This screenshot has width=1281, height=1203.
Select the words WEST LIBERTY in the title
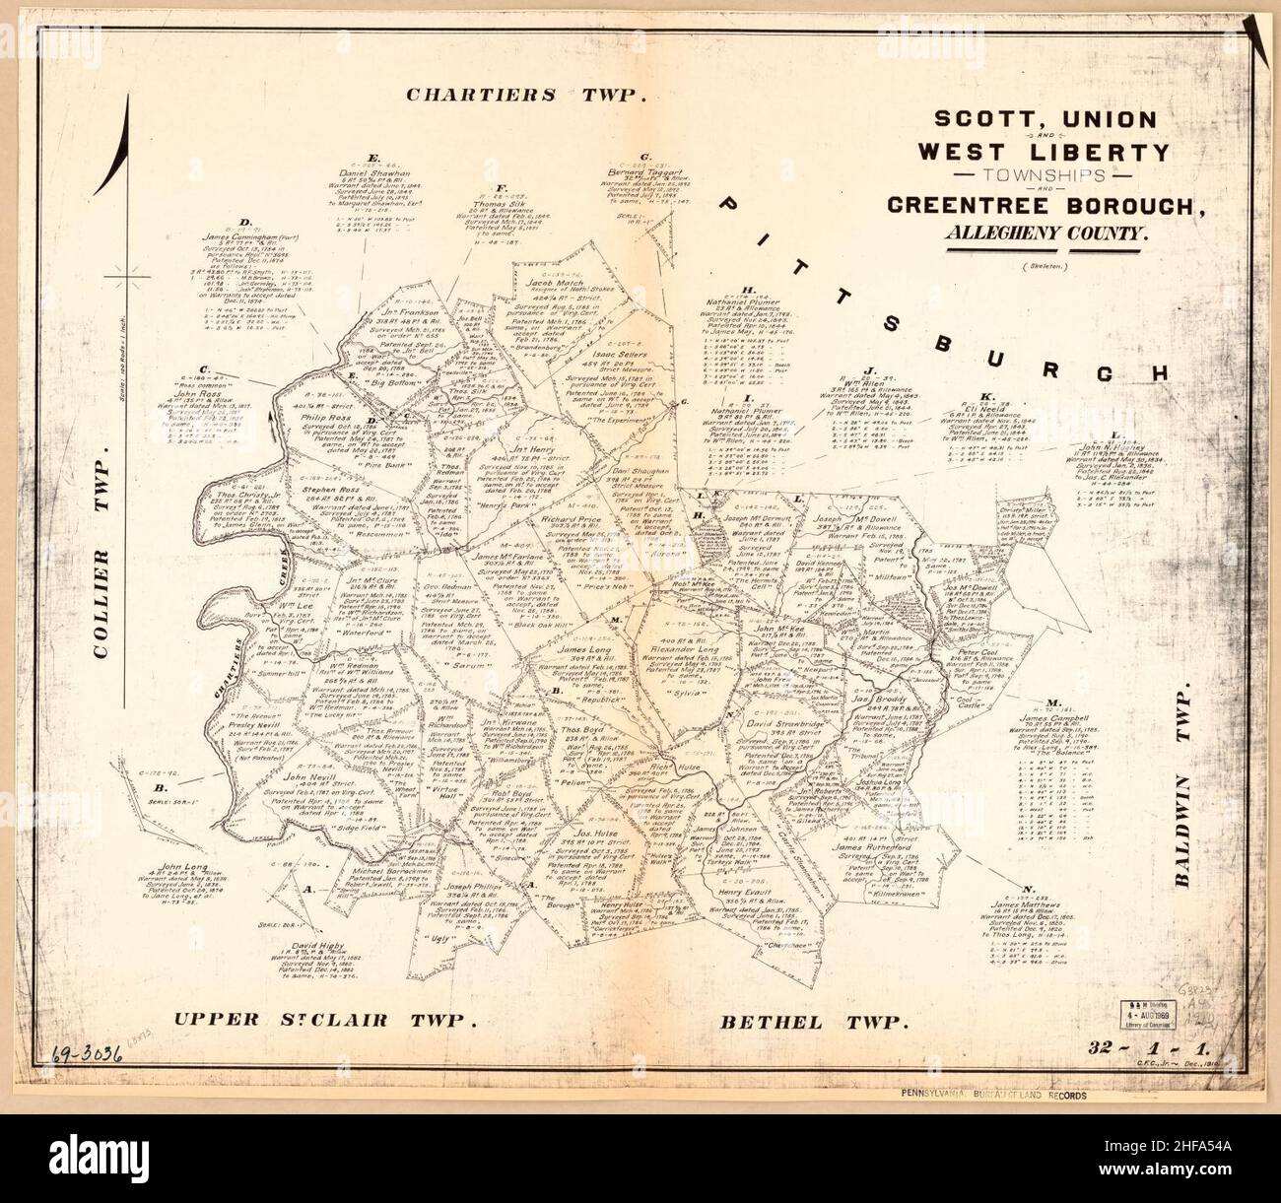(1044, 152)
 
